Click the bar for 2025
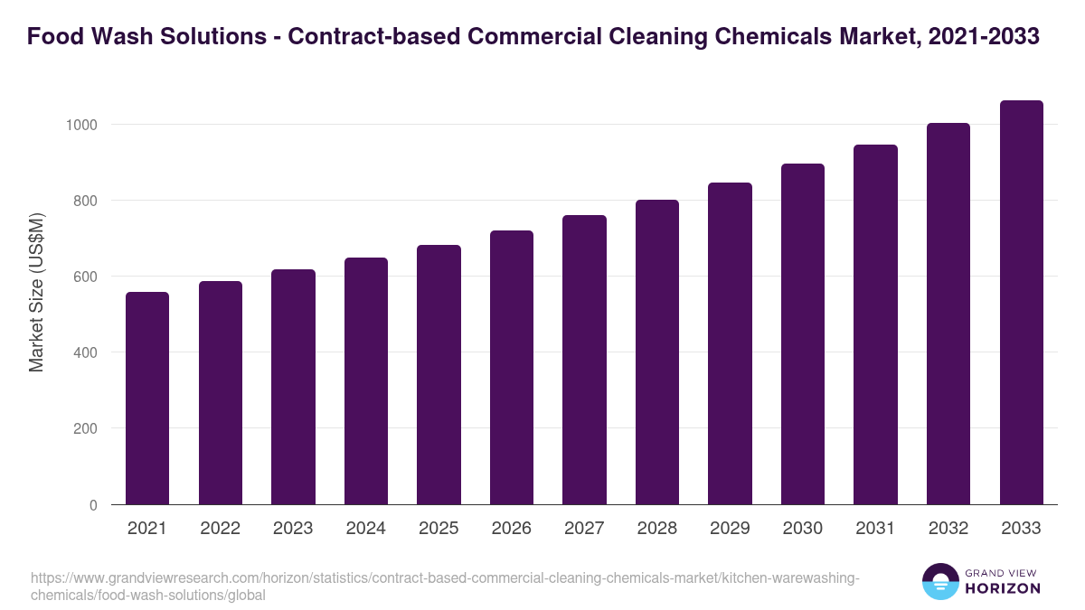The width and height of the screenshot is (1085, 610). pyautogui.click(x=439, y=374)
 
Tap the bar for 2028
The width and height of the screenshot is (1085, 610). pyautogui.click(x=656, y=352)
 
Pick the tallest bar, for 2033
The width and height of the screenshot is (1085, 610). pyautogui.click(x=1021, y=302)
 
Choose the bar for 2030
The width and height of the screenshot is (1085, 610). pyautogui.click(x=802, y=333)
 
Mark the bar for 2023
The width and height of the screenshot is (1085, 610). pyautogui.click(x=293, y=387)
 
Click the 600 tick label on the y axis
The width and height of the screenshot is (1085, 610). pyautogui.click(x=85, y=277)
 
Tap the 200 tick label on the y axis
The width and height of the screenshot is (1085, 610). pyautogui.click(x=85, y=429)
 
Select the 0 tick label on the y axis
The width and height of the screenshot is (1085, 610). pyautogui.click(x=93, y=505)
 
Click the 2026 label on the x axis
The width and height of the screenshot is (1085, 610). pyautogui.click(x=511, y=529)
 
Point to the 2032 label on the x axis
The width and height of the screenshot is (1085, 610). pyautogui.click(x=948, y=529)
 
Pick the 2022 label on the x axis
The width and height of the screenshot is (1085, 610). pyautogui.click(x=220, y=529)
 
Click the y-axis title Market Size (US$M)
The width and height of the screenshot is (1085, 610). pyautogui.click(x=36, y=291)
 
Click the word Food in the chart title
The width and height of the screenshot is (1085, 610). pyautogui.click(x=52, y=37)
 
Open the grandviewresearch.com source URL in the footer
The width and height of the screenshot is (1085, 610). pyautogui.click(x=443, y=587)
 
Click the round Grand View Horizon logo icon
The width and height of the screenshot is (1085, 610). pyautogui.click(x=940, y=582)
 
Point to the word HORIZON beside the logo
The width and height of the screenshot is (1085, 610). pyautogui.click(x=1003, y=588)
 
